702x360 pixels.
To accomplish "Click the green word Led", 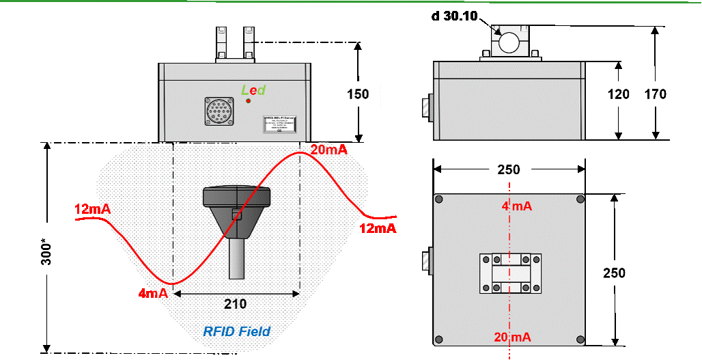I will (x=253, y=90).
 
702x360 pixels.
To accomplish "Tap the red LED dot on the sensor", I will (x=249, y=101).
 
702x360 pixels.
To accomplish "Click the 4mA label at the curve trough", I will (x=153, y=294).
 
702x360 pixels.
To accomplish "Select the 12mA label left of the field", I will (x=92, y=209).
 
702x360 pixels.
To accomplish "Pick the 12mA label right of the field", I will (x=378, y=228).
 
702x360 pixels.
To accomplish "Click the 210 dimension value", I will (x=236, y=304).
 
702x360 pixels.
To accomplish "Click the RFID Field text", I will (x=237, y=332).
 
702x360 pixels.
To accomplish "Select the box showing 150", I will (x=359, y=94).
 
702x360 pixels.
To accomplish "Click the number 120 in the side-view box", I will (x=619, y=94).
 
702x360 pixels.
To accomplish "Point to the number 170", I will (x=656, y=94).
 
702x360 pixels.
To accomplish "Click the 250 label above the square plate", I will (x=509, y=170).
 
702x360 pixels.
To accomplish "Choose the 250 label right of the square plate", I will (x=615, y=273).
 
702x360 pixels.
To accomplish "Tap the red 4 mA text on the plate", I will (x=516, y=206).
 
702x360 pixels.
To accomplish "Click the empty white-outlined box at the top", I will (x=456, y=16).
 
